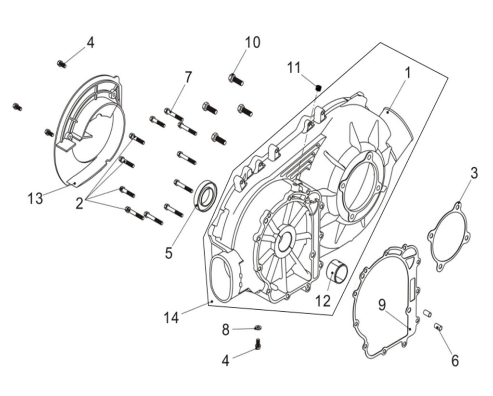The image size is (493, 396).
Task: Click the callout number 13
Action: click(35, 198)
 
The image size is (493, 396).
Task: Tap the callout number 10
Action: click(252, 42)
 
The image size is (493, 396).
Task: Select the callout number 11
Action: click(294, 67)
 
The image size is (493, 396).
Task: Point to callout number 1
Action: click(407, 73)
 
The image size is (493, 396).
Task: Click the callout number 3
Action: click(474, 173)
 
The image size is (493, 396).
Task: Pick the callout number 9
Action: click(382, 304)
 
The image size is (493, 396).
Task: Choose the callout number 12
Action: click(323, 301)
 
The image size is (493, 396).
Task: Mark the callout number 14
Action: click(171, 317)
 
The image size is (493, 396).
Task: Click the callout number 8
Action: click(226, 330)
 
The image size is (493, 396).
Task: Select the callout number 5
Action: click(169, 252)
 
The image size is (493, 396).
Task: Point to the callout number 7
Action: click(188, 78)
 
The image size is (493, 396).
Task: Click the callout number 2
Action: click(79, 204)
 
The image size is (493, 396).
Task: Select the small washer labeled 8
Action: click(258, 328)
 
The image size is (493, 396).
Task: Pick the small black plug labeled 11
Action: click(319, 87)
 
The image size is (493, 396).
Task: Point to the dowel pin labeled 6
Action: click(439, 327)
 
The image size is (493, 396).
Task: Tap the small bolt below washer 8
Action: click(258, 344)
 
